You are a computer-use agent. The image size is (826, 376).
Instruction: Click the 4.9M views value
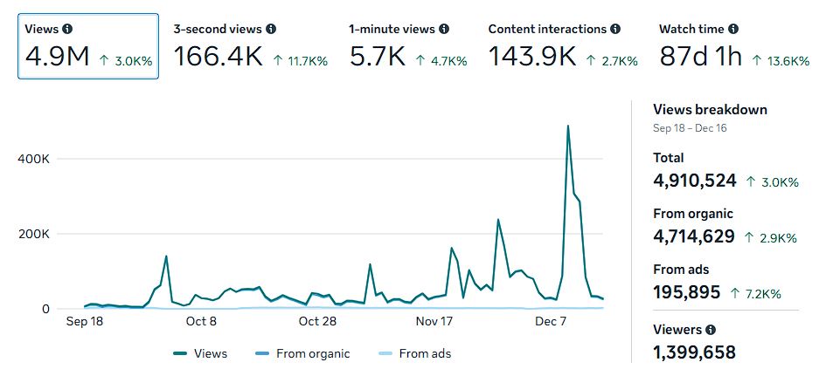[57, 57]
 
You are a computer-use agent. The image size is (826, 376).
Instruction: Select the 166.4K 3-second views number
[219, 57]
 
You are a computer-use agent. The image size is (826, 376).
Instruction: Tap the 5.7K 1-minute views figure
[378, 57]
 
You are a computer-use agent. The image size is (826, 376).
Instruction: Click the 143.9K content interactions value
[531, 57]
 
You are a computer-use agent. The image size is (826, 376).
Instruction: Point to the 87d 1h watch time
[700, 57]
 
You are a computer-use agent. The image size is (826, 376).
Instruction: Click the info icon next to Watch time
[733, 29]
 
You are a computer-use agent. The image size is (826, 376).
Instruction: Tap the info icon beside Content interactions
[616, 29]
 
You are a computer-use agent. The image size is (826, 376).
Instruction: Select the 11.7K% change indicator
[300, 61]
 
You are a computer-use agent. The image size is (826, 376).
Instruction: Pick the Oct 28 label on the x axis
[317, 321]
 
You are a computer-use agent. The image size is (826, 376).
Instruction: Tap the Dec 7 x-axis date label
[551, 321]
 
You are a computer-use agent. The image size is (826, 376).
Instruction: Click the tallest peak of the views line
[568, 126]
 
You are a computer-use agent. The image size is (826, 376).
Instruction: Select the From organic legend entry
[302, 353]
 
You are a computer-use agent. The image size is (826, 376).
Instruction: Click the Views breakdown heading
[710, 110]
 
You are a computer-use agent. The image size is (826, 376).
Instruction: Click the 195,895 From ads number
[686, 291]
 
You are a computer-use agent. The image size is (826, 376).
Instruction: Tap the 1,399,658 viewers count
[694, 352]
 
